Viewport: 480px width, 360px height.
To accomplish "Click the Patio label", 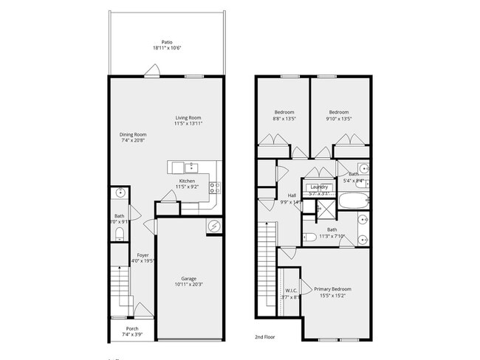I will pos(166,42).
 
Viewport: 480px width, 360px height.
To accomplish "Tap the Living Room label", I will pos(188,118).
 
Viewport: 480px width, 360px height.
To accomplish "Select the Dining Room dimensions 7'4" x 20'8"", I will pos(134,140).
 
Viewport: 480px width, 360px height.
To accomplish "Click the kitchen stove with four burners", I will pos(214,187).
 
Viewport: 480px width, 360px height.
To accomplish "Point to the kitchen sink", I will pos(191,167).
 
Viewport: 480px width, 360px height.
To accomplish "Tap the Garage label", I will pos(189,278).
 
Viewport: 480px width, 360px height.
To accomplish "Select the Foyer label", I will pos(143,255).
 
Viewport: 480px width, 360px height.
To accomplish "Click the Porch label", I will pos(132,328).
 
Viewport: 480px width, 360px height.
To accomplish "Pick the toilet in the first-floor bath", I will pos(120,235).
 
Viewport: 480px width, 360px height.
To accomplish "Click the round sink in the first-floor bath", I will pos(120,193).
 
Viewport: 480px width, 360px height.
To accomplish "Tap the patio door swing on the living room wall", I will pos(152,71).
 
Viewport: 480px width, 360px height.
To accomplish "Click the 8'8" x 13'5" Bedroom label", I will pos(284,112).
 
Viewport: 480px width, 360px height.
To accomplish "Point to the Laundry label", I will pos(319,187).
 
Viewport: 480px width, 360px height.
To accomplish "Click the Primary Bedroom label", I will pos(332,289).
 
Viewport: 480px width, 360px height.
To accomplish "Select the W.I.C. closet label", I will pos(291,291).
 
